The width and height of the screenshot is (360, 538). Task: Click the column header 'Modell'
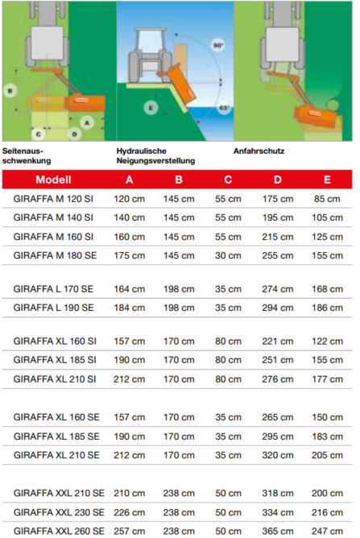(x=54, y=180)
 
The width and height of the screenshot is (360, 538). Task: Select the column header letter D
(x=277, y=180)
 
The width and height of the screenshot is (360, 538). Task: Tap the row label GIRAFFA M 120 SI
(x=54, y=198)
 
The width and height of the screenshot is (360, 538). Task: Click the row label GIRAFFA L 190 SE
(x=54, y=308)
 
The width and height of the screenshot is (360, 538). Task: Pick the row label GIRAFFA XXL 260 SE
(x=60, y=531)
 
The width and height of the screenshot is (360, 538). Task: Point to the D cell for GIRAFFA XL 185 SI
(x=277, y=360)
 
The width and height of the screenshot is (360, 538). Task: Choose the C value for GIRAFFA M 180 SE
(x=228, y=255)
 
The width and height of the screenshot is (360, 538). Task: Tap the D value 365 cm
(x=277, y=531)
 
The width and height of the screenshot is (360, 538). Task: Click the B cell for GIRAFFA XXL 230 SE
(x=179, y=512)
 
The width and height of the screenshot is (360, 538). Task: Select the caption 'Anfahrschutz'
(x=259, y=151)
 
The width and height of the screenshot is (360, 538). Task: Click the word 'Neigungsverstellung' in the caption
(x=155, y=160)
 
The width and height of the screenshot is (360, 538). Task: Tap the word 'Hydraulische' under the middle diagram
(x=141, y=151)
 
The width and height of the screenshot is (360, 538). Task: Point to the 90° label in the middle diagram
(x=217, y=46)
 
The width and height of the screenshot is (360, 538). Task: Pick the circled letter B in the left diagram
(x=10, y=91)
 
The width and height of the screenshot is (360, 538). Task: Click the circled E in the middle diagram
(x=151, y=107)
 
